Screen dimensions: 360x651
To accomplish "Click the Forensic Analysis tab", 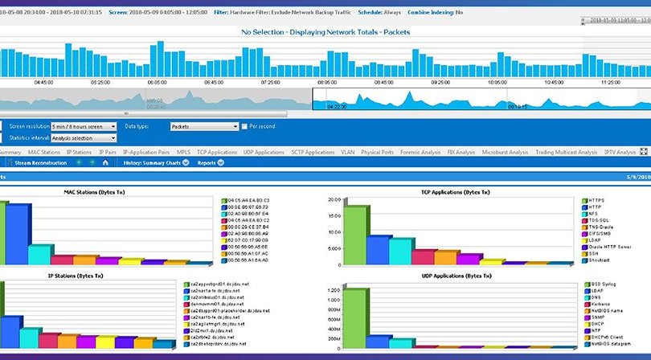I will (x=420, y=152).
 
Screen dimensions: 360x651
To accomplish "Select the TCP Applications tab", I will (x=217, y=152).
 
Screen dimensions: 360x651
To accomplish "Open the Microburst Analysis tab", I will (x=506, y=152).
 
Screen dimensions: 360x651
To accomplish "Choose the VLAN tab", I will (x=348, y=152).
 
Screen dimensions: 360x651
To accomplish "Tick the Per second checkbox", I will (x=245, y=126).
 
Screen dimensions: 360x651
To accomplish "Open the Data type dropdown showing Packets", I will (x=204, y=126).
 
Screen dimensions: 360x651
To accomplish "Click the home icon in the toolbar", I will (x=104, y=162).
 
